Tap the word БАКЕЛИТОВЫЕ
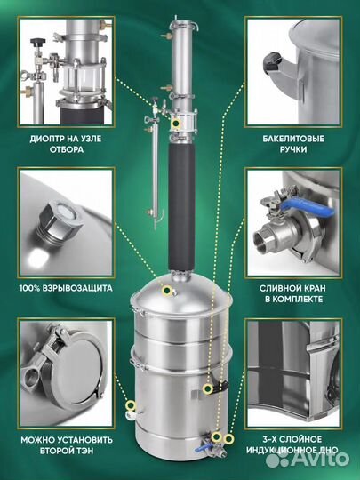(293, 139)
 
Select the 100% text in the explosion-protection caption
(28, 288)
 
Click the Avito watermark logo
(307, 459)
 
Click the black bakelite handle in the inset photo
(273, 60)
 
